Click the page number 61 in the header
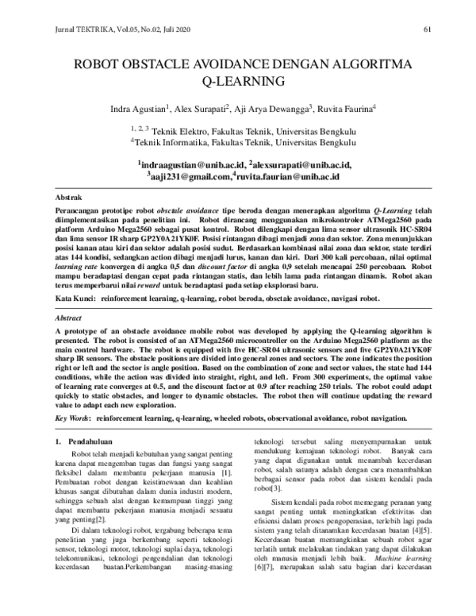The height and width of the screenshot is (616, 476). [427, 30]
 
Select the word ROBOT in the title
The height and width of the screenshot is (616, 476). [98, 64]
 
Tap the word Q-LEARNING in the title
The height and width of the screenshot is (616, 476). [238, 81]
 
